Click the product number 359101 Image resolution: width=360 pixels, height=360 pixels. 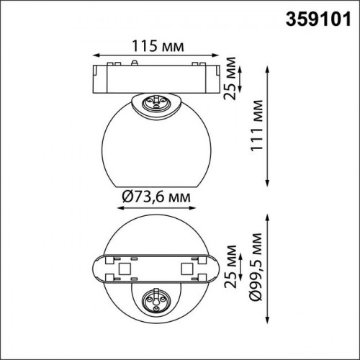click(x=318, y=19)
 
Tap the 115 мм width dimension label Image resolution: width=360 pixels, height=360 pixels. click(x=158, y=46)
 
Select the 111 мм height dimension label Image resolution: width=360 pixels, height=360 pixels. click(x=256, y=125)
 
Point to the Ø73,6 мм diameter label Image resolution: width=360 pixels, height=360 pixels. click(x=156, y=197)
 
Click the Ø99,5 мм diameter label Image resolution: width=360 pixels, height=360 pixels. click(x=256, y=266)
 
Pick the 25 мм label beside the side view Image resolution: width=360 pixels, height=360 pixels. click(x=230, y=78)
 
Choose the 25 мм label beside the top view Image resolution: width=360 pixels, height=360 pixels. click(x=230, y=266)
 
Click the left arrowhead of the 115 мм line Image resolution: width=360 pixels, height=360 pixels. click(x=96, y=55)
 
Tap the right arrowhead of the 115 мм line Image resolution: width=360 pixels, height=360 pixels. click(x=215, y=55)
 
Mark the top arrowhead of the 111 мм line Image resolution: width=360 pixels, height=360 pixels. click(x=267, y=70)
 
